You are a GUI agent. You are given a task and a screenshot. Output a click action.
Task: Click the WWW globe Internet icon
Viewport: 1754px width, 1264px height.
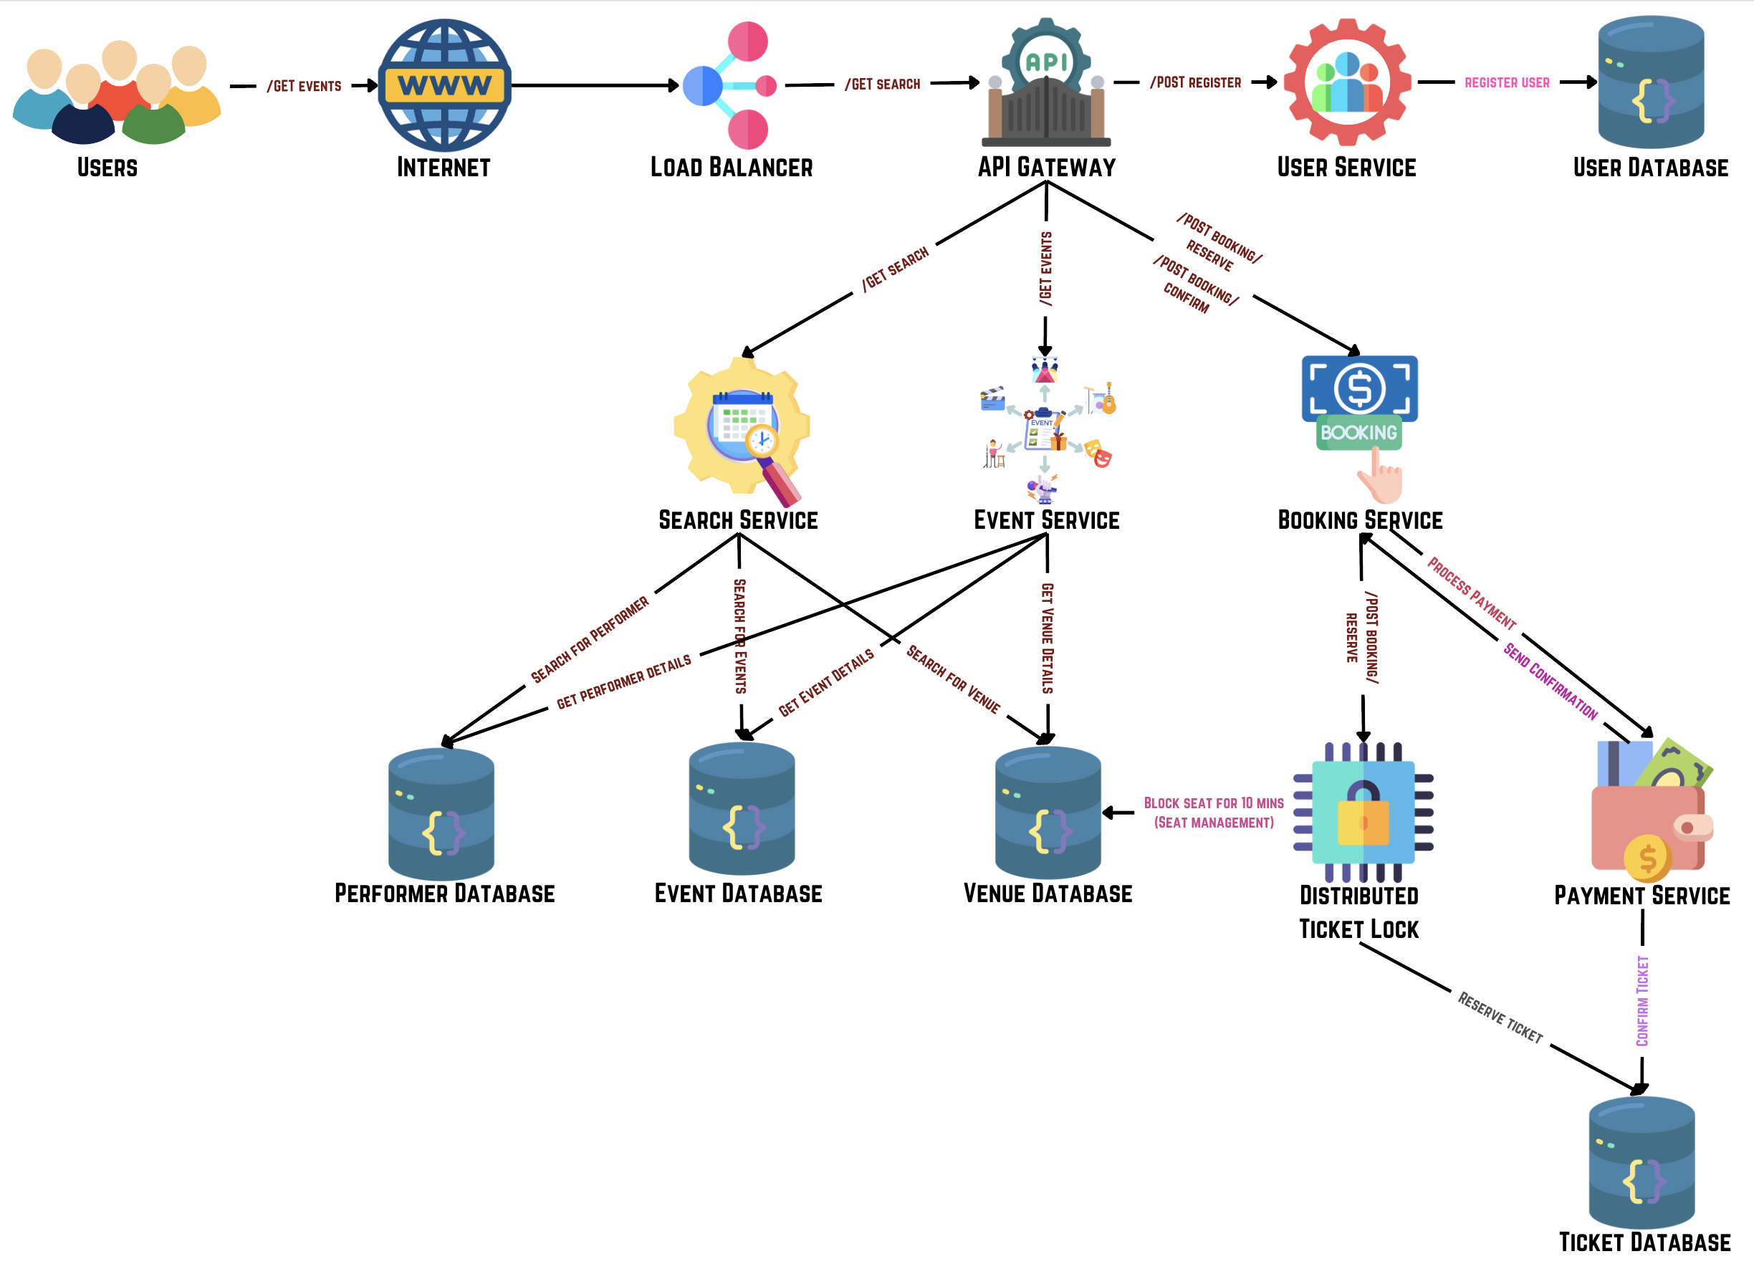pyautogui.click(x=444, y=85)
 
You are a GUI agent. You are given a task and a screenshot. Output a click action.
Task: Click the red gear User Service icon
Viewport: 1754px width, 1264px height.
pyautogui.click(x=1347, y=82)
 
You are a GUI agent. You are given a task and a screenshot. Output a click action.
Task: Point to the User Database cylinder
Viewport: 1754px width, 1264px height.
pyautogui.click(x=1651, y=82)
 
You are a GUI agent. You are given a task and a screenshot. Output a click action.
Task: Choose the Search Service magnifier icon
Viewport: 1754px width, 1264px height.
pyautogui.click(x=742, y=430)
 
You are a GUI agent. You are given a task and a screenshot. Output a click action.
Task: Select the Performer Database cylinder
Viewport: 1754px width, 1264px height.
pyautogui.click(x=441, y=814)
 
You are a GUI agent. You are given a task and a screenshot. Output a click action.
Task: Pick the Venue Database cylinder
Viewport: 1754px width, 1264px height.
pyautogui.click(x=1048, y=813)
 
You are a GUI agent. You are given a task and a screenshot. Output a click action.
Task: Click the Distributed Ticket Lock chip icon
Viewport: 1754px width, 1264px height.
pyautogui.click(x=1363, y=813)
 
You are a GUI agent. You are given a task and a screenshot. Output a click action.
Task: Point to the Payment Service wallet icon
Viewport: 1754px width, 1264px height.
pyautogui.click(x=1650, y=813)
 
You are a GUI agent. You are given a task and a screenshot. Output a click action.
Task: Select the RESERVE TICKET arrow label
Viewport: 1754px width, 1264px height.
pyautogui.click(x=1500, y=1018)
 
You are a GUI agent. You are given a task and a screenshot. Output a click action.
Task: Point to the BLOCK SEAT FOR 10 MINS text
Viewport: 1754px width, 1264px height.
pyautogui.click(x=1214, y=804)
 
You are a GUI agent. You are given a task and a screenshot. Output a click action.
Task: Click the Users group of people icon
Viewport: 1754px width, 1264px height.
pyautogui.click(x=116, y=93)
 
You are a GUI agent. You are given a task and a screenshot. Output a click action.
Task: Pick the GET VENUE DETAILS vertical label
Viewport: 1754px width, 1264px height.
pyautogui.click(x=1047, y=638)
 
